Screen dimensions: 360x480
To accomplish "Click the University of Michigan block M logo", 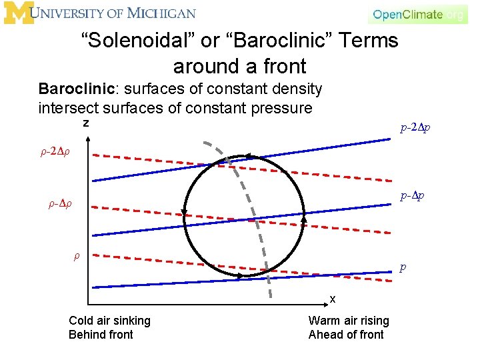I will click(x=18, y=13).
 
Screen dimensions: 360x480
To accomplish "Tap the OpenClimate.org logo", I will click(x=418, y=14).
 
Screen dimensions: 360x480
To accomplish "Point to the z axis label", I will click(x=85, y=124).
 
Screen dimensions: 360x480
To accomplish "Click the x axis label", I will click(x=332, y=298).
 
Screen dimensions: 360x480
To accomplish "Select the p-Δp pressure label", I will click(x=411, y=196).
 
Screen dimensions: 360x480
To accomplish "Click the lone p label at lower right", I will click(x=402, y=267).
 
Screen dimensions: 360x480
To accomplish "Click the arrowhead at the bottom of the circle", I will click(x=265, y=273).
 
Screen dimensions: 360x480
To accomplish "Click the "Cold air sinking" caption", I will click(x=109, y=321).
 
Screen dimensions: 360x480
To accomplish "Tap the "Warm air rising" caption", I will click(x=349, y=321).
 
